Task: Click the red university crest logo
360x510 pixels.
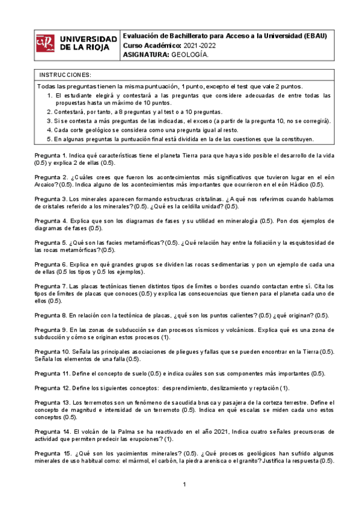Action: (45, 43)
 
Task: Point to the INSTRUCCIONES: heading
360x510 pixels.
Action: (65, 75)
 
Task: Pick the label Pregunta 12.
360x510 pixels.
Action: (52, 388)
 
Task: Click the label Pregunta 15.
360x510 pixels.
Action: (52, 453)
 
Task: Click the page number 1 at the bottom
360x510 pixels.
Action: (185, 485)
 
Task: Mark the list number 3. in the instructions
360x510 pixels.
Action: (49, 121)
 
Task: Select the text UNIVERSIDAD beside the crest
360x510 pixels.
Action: (89, 38)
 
